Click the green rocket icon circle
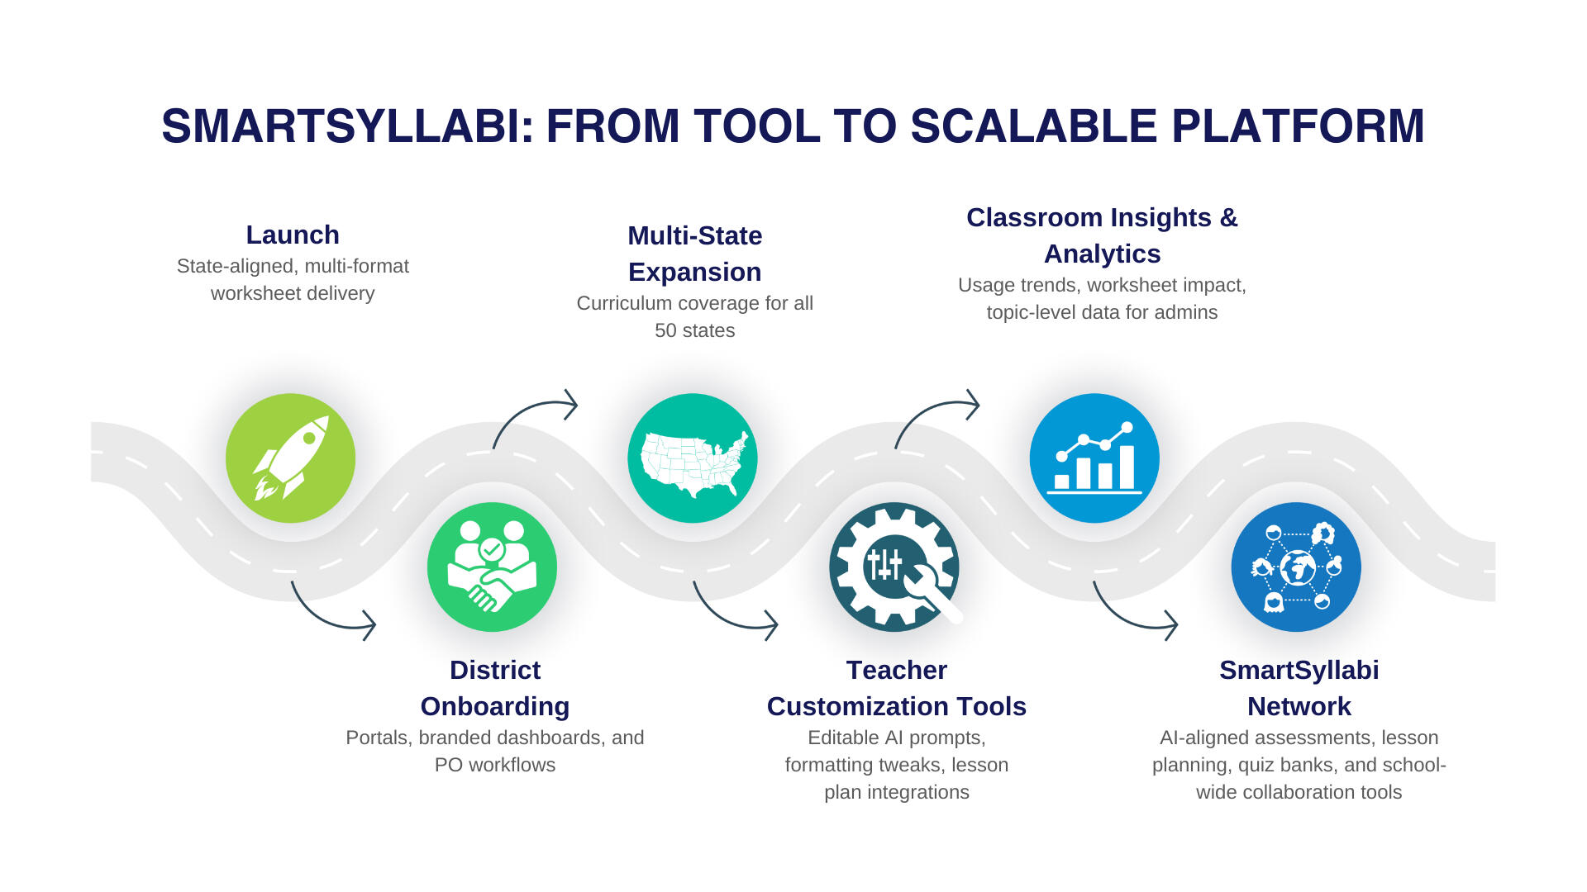[290, 458]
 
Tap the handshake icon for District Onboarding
[492, 567]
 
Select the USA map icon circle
[693, 458]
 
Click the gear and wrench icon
[894, 567]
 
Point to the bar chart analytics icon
[1094, 458]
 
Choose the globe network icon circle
[1296, 567]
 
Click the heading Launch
[293, 235]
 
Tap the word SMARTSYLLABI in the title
[348, 126]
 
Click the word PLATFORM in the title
[1298, 126]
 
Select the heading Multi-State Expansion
[695, 254]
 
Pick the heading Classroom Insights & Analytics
[1102, 235]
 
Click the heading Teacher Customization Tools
[897, 688]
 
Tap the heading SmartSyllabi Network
[1299, 688]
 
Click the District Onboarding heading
[495, 688]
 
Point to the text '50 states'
[695, 330]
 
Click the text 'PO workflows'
[495, 765]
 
